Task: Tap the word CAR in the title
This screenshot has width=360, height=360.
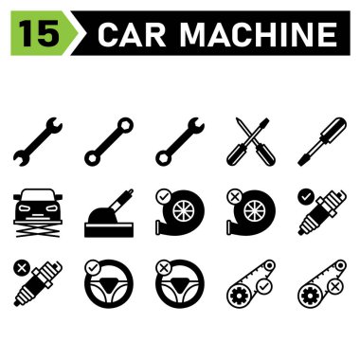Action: pos(129,35)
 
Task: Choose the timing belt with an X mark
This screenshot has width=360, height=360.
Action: pos(323,280)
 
